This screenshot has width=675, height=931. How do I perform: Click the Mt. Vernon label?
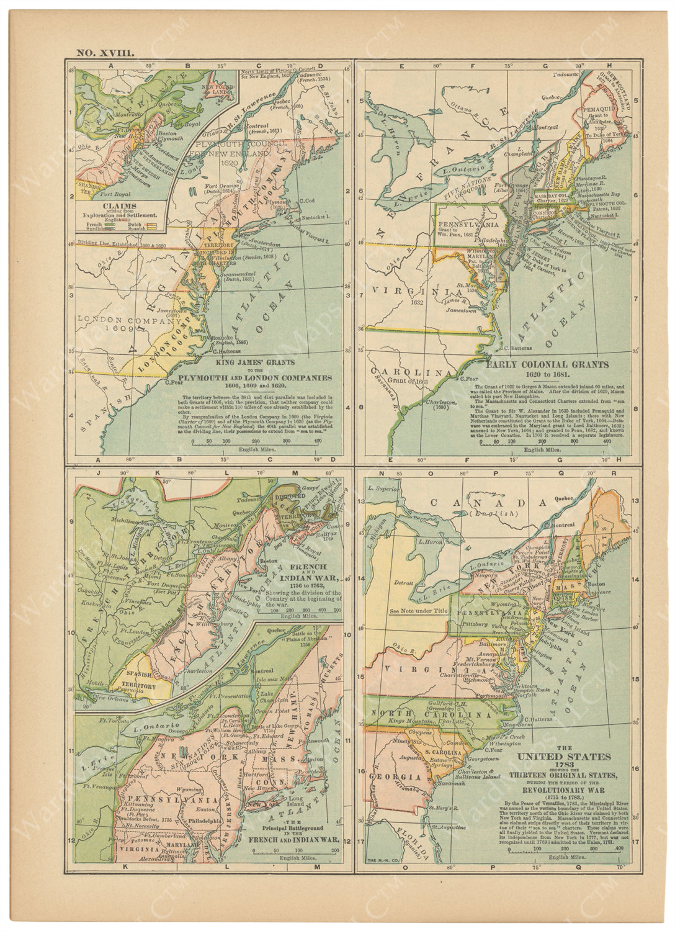[x=478, y=661]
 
